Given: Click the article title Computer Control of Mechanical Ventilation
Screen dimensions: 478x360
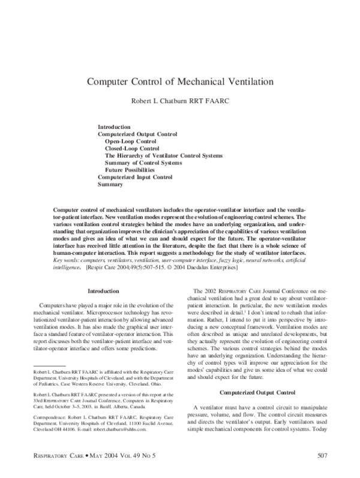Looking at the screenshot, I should point(180,80).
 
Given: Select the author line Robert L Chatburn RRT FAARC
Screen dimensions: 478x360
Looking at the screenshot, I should point(180,103).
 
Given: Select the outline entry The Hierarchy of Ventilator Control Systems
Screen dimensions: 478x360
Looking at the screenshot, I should point(164,155).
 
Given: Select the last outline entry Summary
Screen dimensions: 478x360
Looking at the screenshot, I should point(110,184).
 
